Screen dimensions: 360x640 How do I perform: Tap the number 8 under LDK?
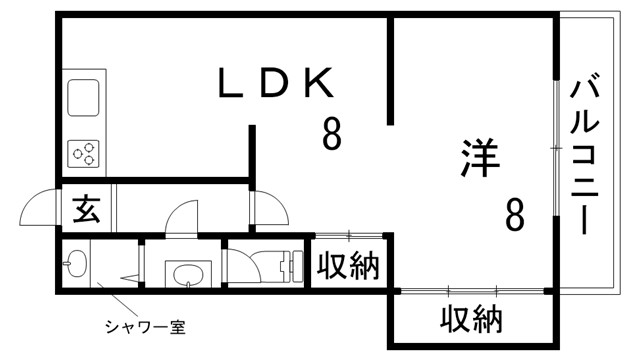331,132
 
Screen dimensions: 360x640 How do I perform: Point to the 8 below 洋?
514,214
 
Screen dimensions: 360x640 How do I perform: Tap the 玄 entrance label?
86,211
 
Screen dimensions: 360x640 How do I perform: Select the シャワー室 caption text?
146,327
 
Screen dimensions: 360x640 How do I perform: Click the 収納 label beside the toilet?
348,267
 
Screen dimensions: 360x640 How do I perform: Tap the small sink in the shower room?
75,267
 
